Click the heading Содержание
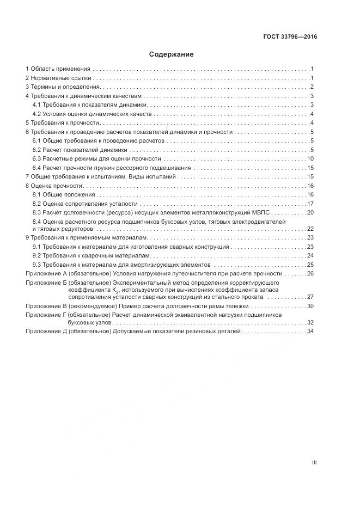tap(171, 54)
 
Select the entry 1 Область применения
tap(58, 69)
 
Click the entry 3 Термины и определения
tap(63, 87)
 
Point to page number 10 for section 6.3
tap(310, 158)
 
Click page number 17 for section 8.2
tap(310, 203)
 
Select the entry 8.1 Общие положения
tap(64, 194)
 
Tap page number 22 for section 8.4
tap(310, 229)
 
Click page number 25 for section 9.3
tap(310, 265)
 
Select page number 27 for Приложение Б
tap(310, 297)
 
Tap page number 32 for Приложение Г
tap(310, 322)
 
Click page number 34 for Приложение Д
tap(310, 331)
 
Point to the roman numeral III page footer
tap(314, 463)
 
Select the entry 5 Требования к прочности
tap(62, 123)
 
